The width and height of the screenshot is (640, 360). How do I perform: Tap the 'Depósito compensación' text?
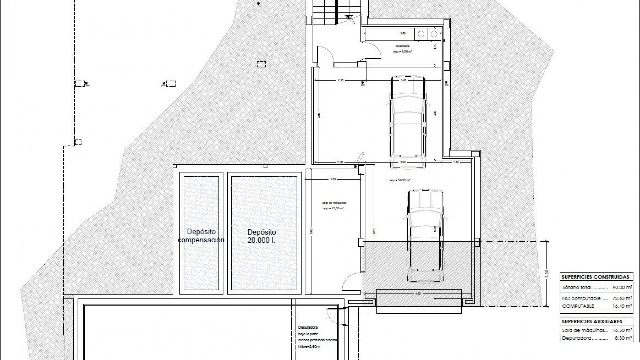(201, 236)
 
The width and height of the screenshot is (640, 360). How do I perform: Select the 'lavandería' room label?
(402, 46)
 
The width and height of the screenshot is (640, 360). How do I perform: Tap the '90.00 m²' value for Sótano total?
(622, 287)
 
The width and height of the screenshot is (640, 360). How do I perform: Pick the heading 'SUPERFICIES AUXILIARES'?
(592, 322)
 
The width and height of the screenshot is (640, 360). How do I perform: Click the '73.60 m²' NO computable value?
(622, 299)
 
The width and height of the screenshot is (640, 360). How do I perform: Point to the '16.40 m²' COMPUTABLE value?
(622, 306)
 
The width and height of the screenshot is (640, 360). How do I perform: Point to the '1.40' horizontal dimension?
(456, 162)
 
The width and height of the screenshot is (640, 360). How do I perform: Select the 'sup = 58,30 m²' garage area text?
(400, 180)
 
